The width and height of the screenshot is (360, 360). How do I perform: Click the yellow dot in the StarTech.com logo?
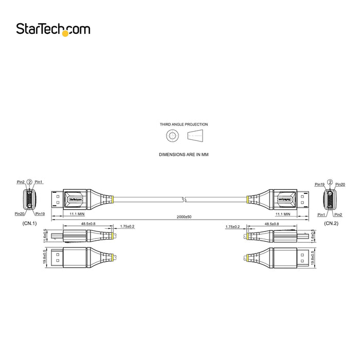(x=65, y=33)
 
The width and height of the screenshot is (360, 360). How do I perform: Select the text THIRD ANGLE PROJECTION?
(x=184, y=124)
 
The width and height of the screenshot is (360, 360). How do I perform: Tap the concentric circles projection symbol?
(x=172, y=136)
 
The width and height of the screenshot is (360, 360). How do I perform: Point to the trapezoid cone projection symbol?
(x=195, y=136)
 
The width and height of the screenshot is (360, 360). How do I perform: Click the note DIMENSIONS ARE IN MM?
(x=184, y=154)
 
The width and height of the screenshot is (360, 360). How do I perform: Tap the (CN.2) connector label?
(x=331, y=224)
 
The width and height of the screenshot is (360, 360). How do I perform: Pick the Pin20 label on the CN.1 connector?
(x=20, y=213)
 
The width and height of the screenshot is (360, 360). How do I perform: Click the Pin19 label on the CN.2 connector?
(x=319, y=184)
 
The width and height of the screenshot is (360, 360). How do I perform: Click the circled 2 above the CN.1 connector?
(x=29, y=182)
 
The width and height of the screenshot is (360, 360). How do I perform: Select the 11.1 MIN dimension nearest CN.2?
(x=283, y=213)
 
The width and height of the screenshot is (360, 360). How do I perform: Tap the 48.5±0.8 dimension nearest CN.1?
(x=88, y=224)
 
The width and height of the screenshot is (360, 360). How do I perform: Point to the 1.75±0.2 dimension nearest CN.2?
(x=232, y=226)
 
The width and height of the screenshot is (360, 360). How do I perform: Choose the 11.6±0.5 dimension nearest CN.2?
(x=313, y=236)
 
